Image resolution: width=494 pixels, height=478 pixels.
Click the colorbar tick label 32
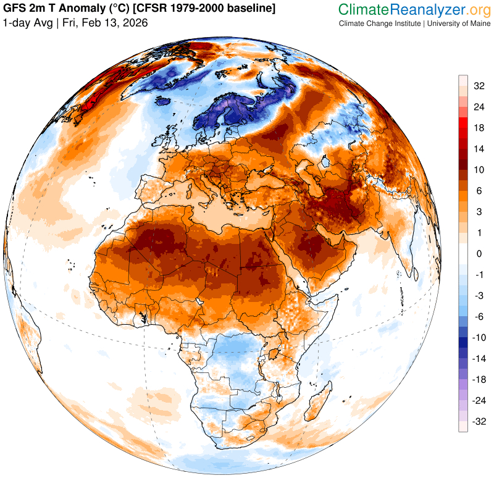click(479, 86)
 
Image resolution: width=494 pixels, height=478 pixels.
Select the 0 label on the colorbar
click(478, 254)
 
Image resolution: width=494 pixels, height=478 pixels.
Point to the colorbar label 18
click(479, 128)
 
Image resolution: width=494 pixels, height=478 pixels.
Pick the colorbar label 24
click(479, 107)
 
